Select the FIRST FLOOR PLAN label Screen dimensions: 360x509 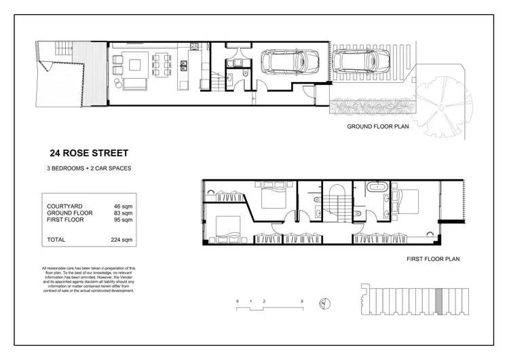(434, 259)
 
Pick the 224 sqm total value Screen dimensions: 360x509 (121, 240)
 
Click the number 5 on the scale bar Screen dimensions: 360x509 (302, 300)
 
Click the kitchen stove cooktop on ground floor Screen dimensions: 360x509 (193, 48)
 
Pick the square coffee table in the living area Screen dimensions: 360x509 (134, 66)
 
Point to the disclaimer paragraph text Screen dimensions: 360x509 (89, 279)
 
